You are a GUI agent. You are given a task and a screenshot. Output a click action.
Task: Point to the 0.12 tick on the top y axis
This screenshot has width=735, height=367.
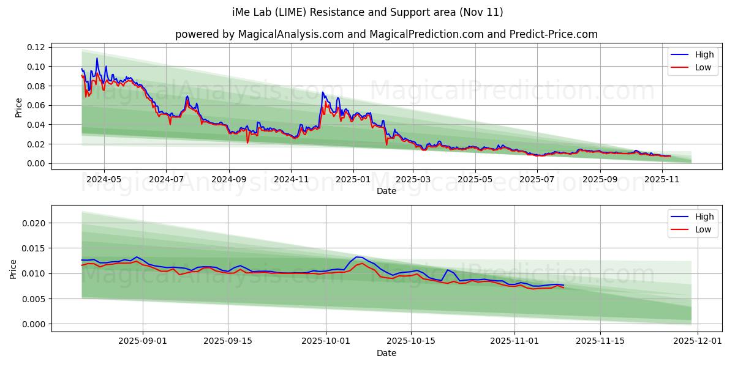point(36,47)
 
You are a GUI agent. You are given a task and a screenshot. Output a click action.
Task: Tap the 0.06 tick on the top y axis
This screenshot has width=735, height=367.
point(36,105)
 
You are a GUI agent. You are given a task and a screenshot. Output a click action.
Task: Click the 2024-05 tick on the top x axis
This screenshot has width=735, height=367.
point(104,180)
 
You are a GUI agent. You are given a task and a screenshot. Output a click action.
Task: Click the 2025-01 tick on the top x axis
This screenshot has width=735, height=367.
point(353,180)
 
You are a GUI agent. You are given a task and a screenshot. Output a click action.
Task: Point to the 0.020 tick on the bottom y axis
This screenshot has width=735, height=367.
point(34,223)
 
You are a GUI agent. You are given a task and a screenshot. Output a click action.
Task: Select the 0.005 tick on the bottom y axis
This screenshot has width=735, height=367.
point(34,299)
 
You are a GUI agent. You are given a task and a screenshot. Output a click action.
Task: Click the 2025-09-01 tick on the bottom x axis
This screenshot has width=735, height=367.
point(143,342)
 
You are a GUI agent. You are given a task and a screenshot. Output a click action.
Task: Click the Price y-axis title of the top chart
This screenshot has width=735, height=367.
point(18,108)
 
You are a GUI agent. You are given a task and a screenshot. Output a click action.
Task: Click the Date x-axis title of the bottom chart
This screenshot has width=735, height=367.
point(386,353)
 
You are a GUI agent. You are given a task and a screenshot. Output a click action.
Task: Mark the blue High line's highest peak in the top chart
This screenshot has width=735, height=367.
point(97,59)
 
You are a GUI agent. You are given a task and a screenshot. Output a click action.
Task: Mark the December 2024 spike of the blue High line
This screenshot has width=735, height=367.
point(323,92)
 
